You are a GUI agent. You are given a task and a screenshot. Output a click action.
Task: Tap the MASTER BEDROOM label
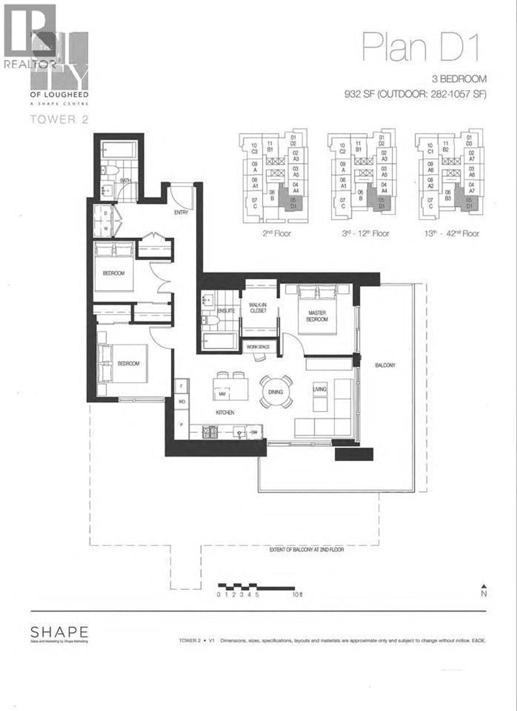[317, 316]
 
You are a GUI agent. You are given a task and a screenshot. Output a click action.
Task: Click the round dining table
[276, 392]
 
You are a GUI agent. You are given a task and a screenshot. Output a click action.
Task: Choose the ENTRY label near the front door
[181, 212]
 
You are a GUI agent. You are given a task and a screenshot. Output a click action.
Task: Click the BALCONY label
[385, 365]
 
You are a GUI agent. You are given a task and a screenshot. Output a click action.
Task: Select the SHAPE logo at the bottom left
[59, 632]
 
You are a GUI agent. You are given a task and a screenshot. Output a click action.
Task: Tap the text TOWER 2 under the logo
[59, 119]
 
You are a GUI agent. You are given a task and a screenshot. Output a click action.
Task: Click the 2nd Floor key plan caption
[277, 234]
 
